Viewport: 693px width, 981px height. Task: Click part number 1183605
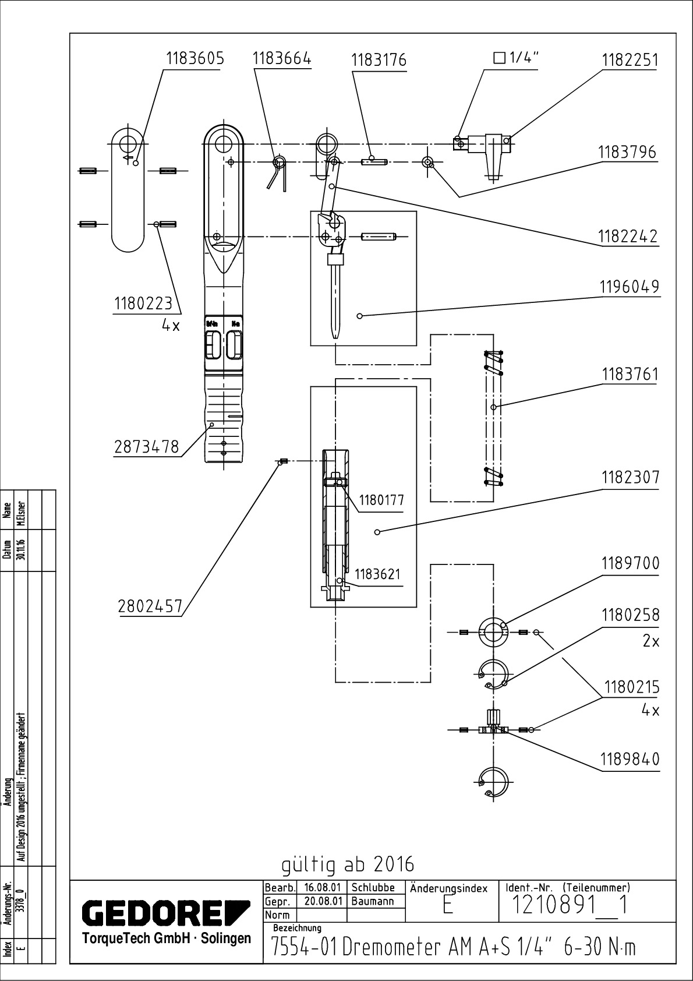(x=195, y=59)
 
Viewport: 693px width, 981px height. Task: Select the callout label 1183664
(x=282, y=59)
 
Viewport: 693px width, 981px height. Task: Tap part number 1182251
(x=630, y=60)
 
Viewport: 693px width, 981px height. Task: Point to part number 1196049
(x=630, y=287)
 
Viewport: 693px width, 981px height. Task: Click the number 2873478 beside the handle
(x=146, y=447)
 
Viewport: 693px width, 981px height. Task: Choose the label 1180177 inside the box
(x=381, y=500)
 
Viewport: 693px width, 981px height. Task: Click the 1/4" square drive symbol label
(x=517, y=58)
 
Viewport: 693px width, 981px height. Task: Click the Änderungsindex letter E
(x=447, y=906)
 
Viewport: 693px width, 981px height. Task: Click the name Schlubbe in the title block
(x=373, y=888)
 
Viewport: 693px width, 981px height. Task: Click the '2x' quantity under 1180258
(x=650, y=641)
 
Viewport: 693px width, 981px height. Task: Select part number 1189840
(x=630, y=760)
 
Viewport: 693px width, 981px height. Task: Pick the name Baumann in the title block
(x=373, y=901)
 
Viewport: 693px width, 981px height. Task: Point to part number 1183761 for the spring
(x=630, y=374)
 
